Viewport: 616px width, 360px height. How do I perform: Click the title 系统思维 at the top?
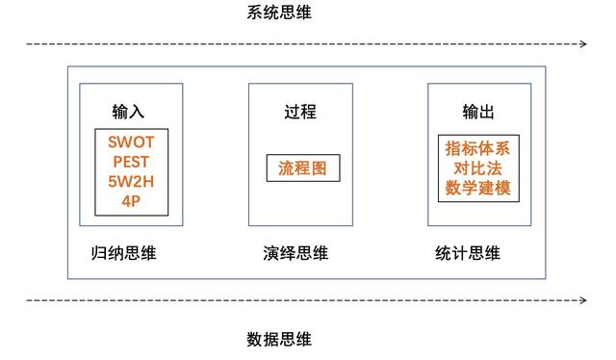279,13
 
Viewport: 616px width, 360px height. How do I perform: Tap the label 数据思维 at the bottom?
279,339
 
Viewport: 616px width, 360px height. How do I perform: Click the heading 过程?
300,113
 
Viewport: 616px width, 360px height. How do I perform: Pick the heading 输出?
478,113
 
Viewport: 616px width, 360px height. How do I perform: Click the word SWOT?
131,142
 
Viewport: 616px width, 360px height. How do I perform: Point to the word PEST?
131,162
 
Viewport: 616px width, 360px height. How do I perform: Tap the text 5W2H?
131,181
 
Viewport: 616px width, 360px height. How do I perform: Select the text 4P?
131,200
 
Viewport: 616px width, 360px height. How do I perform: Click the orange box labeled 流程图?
303,168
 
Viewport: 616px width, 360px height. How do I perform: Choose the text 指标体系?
478,149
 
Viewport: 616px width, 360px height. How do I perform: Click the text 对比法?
478,168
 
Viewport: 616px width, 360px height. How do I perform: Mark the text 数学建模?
478,189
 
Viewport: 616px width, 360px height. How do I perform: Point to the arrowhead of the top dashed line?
583,44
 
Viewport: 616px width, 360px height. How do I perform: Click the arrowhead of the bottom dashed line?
583,300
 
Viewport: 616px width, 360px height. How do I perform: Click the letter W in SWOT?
123,142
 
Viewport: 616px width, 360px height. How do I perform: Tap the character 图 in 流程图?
320,168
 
